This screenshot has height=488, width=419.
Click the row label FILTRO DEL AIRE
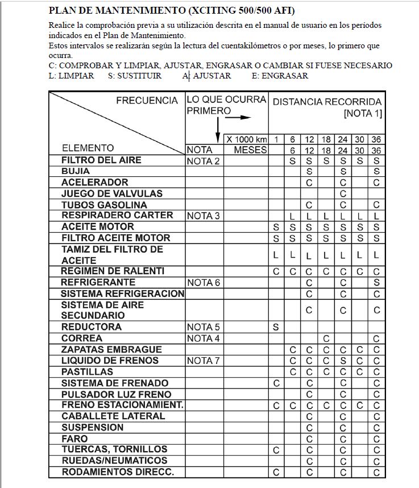[x=101, y=160]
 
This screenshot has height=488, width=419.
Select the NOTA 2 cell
[x=203, y=161]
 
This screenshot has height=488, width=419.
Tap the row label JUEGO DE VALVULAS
[x=111, y=193]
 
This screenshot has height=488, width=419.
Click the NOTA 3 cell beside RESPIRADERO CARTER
[x=203, y=216]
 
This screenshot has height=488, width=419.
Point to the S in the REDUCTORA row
[x=276, y=327]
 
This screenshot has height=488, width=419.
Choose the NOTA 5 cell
[x=203, y=328]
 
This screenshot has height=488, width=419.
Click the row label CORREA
[x=82, y=338]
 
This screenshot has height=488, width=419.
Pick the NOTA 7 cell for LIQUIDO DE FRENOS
[x=203, y=361]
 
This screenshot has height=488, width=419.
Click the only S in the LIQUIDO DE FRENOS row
[x=343, y=361]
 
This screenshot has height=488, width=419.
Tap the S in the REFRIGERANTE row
[x=376, y=283]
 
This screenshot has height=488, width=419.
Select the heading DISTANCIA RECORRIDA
[x=327, y=102]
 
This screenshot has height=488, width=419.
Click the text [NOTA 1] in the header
[x=363, y=114]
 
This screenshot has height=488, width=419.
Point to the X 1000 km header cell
[x=246, y=139]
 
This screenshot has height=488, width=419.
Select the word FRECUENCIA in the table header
[x=147, y=101]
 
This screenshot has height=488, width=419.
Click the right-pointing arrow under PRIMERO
[x=238, y=118]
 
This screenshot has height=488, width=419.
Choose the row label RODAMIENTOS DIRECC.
[x=118, y=472]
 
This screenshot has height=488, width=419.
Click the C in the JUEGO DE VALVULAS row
[x=343, y=194]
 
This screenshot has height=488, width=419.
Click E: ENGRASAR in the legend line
[x=280, y=76]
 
